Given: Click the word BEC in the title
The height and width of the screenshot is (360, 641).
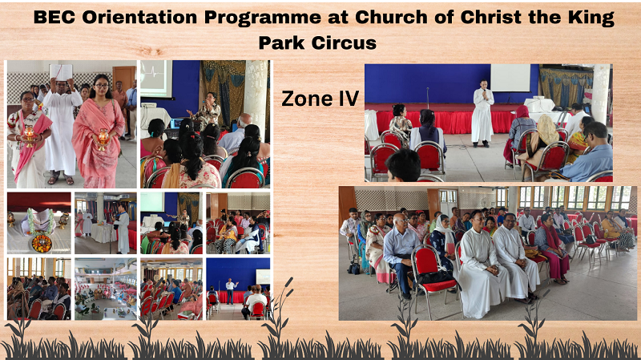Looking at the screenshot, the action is pyautogui.click(x=54, y=17).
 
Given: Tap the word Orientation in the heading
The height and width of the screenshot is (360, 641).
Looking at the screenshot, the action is pyautogui.click(x=139, y=17).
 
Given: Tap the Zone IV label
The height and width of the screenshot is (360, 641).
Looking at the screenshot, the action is pyautogui.click(x=320, y=99).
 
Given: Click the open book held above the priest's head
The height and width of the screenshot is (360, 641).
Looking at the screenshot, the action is pyautogui.click(x=61, y=72).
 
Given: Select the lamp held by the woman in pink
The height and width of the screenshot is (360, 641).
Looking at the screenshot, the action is pyautogui.click(x=103, y=139).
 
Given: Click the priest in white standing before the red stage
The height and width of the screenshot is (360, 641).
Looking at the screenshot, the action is pyautogui.click(x=483, y=113).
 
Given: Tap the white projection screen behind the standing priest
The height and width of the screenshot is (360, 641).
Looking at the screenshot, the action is pyautogui.click(x=510, y=78).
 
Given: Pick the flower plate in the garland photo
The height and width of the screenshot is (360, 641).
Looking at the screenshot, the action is pyautogui.click(x=42, y=243).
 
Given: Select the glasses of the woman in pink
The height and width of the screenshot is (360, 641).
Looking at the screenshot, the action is pyautogui.click(x=101, y=86).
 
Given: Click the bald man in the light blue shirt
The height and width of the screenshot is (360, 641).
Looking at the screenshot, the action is pyautogui.click(x=400, y=254).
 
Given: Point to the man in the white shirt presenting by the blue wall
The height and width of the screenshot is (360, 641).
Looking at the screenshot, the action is pyautogui.click(x=232, y=291).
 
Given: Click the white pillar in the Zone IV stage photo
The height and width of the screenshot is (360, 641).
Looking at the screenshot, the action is pyautogui.click(x=600, y=94).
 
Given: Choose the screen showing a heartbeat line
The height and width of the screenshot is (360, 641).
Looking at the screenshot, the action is pyautogui.click(x=155, y=79).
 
